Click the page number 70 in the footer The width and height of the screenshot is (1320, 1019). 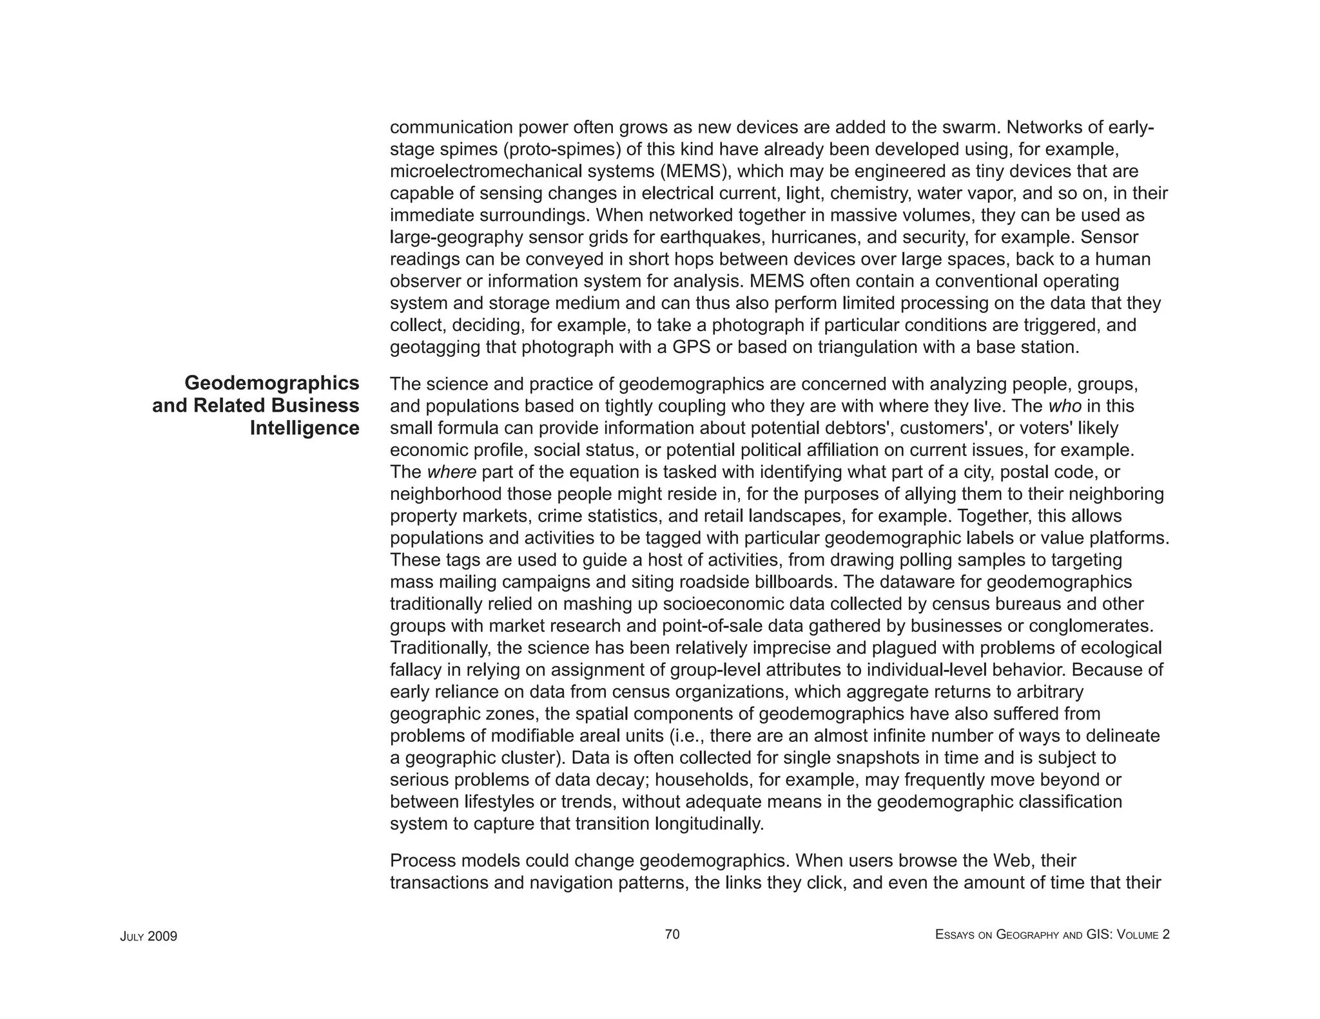672,935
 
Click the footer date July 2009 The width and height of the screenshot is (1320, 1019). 148,937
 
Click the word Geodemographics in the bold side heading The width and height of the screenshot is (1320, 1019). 271,383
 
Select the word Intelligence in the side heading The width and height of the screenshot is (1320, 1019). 304,428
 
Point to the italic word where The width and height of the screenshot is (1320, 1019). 452,472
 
